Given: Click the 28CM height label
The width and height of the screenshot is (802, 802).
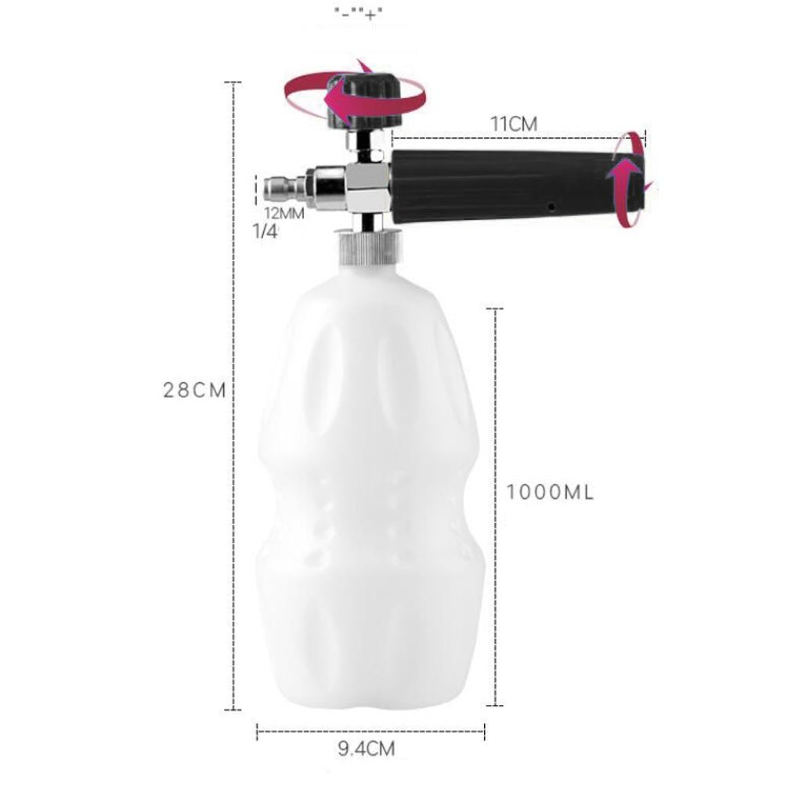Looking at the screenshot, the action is (194, 390).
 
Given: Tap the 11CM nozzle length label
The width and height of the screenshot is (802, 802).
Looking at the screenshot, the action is (514, 124).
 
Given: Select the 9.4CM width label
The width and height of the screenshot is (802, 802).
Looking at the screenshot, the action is (367, 749).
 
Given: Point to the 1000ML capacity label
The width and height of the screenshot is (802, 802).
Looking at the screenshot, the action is (550, 492).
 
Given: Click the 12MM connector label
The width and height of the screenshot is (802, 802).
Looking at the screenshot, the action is (284, 213).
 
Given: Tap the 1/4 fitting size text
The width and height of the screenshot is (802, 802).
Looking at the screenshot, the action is (266, 231).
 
